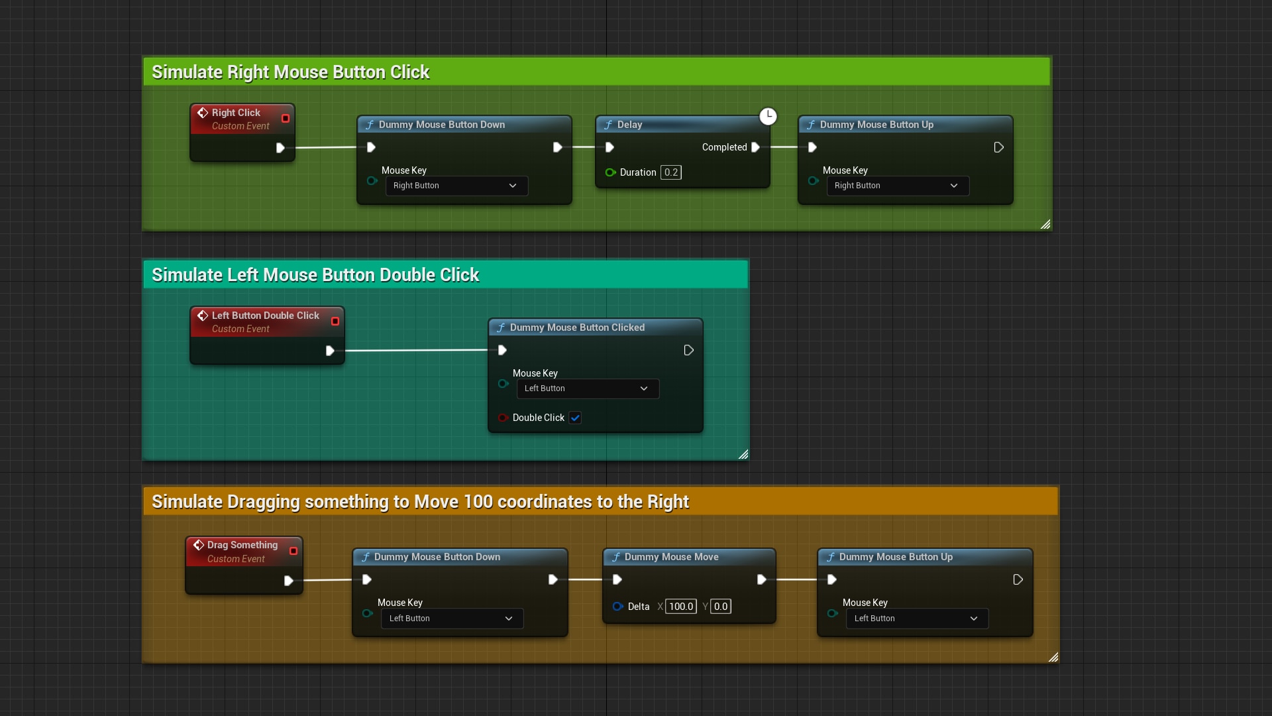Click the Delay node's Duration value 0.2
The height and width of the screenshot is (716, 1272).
(x=671, y=172)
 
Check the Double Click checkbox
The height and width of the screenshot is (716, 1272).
(x=575, y=418)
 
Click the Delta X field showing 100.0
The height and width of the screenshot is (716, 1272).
(x=680, y=607)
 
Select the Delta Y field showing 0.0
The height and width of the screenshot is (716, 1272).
(x=720, y=607)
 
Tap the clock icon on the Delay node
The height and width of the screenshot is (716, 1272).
(x=768, y=117)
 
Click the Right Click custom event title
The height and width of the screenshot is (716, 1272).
(x=236, y=113)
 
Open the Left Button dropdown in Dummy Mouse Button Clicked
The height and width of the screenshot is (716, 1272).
(x=588, y=388)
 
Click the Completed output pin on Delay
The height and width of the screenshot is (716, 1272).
(x=755, y=147)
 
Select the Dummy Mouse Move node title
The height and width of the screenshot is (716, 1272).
(x=671, y=557)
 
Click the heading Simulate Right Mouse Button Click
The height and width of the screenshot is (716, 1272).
(x=290, y=72)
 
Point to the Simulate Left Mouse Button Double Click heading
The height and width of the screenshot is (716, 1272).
(x=315, y=274)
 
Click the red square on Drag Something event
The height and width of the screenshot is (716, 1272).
(x=293, y=551)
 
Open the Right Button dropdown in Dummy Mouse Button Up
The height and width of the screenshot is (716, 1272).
(x=897, y=186)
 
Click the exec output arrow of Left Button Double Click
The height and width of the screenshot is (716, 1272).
(x=330, y=351)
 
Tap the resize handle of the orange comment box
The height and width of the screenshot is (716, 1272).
(x=1053, y=657)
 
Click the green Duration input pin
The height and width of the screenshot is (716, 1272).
(x=610, y=172)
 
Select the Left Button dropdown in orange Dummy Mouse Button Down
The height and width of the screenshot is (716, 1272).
(x=452, y=619)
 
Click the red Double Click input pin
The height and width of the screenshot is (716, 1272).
(x=503, y=418)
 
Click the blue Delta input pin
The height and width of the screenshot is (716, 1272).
(x=617, y=607)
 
